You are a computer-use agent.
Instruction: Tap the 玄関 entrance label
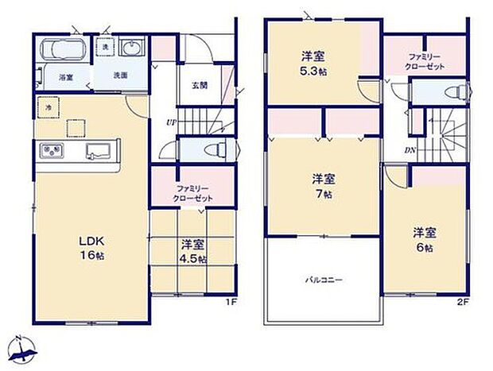(x=200, y=86)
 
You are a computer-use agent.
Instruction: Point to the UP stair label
(x=171, y=122)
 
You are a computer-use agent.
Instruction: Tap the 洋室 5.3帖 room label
(x=312, y=63)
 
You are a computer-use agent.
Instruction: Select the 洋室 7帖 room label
(x=321, y=184)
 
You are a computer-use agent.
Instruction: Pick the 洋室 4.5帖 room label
(x=192, y=252)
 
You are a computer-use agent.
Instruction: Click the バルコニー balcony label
(x=321, y=280)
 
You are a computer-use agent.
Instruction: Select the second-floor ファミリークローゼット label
(x=422, y=60)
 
